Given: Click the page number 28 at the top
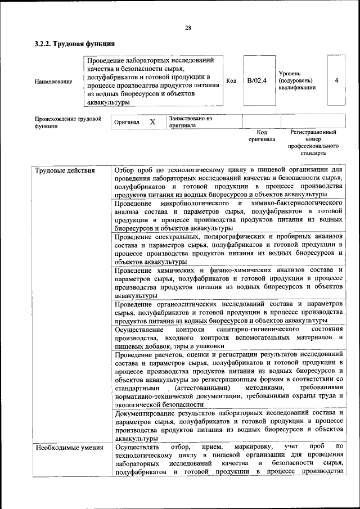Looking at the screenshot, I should tap(188, 29).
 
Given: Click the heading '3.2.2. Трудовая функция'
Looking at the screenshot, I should tap(74, 44).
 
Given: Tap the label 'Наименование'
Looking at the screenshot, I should tap(53, 82).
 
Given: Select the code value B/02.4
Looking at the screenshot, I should tap(256, 80).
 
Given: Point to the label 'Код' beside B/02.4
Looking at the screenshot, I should tap(231, 80).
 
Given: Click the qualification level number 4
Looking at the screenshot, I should tap(336, 80).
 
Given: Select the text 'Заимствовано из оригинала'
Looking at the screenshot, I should tap(190, 122).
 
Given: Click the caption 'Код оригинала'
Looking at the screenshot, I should tap(262, 136).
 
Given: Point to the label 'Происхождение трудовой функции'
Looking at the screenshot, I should tap(68, 122).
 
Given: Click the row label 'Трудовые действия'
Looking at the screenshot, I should tap(65, 170).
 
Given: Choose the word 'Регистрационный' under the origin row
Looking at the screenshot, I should tap(313, 132).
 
